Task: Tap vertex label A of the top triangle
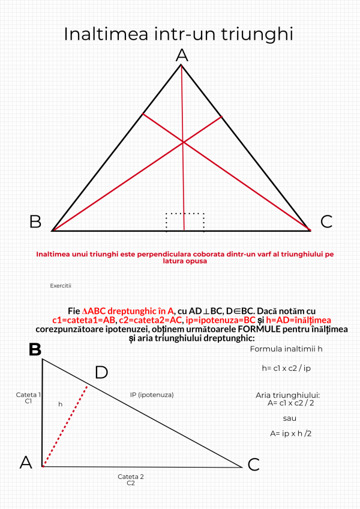[181, 56]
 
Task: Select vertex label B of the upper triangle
[35, 221]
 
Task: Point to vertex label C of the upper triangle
[326, 221]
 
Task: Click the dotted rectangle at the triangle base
[185, 221]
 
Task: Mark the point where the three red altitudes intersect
[183, 142]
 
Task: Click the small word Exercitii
[61, 286]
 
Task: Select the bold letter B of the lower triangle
[35, 349]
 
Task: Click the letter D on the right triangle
[101, 372]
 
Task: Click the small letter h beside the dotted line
[60, 404]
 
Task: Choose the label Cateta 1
[28, 394]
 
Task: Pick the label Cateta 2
[130, 477]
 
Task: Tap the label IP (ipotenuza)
[152, 394]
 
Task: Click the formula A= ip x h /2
[290, 432]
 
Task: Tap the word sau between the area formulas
[290, 418]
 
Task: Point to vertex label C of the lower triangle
[253, 464]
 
